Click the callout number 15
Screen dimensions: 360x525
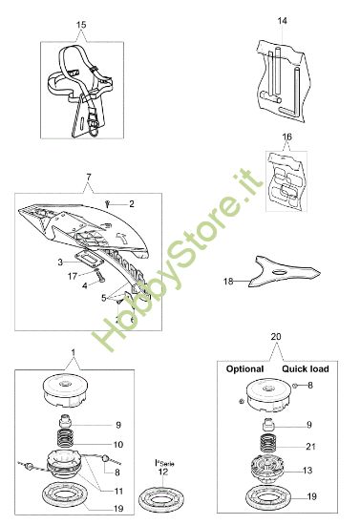[x=79, y=23]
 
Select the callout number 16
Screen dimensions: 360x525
[x=286, y=137]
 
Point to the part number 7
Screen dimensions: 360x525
[x=88, y=178]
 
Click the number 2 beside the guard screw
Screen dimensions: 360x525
[x=132, y=203]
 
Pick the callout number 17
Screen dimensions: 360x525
[x=71, y=276]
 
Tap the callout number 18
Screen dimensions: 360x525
[x=227, y=282]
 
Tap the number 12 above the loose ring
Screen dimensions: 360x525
[x=163, y=472]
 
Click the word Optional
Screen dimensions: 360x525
[x=244, y=368]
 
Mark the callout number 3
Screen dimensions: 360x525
[x=59, y=261]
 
